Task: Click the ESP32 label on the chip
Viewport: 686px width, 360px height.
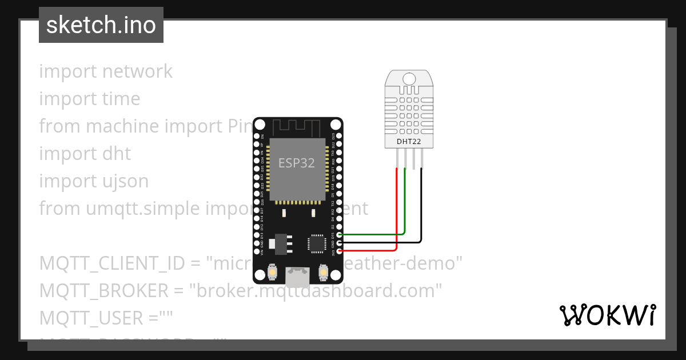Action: point(297,163)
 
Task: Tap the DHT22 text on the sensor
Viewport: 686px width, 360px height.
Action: point(409,141)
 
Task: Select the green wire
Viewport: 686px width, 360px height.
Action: point(405,206)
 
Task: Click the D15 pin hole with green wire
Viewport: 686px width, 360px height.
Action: point(340,234)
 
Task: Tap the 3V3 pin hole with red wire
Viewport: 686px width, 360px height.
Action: point(340,250)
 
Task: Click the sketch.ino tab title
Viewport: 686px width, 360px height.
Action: point(101,25)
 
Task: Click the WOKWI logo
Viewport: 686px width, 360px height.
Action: point(607,315)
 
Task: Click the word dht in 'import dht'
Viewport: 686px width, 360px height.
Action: point(116,154)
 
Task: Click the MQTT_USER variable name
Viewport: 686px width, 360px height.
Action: point(91,318)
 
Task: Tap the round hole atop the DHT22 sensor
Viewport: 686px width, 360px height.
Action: point(409,78)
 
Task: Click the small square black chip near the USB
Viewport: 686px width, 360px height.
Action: point(316,243)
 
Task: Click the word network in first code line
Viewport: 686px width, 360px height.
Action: point(137,71)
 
